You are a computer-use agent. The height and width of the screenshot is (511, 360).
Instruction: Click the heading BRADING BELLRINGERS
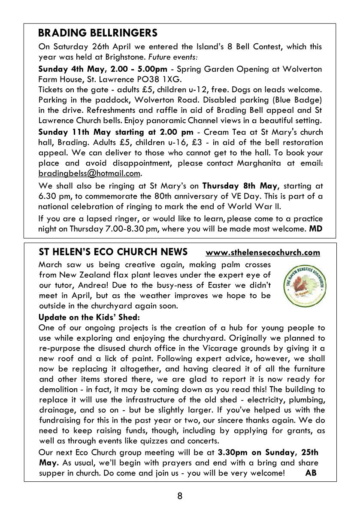pyautogui.click(x=98, y=33)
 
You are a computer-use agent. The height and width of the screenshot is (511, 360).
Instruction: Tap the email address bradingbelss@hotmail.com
pyautogui.click(x=90, y=173)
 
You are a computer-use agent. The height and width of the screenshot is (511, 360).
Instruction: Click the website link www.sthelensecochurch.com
pyautogui.click(x=263, y=252)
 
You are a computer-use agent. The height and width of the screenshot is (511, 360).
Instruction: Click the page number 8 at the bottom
pyautogui.click(x=180, y=496)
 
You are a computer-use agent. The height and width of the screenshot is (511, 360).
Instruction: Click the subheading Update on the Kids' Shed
pyautogui.click(x=89, y=317)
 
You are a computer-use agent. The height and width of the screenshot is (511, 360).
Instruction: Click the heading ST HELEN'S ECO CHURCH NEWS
pyautogui.click(x=113, y=251)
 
